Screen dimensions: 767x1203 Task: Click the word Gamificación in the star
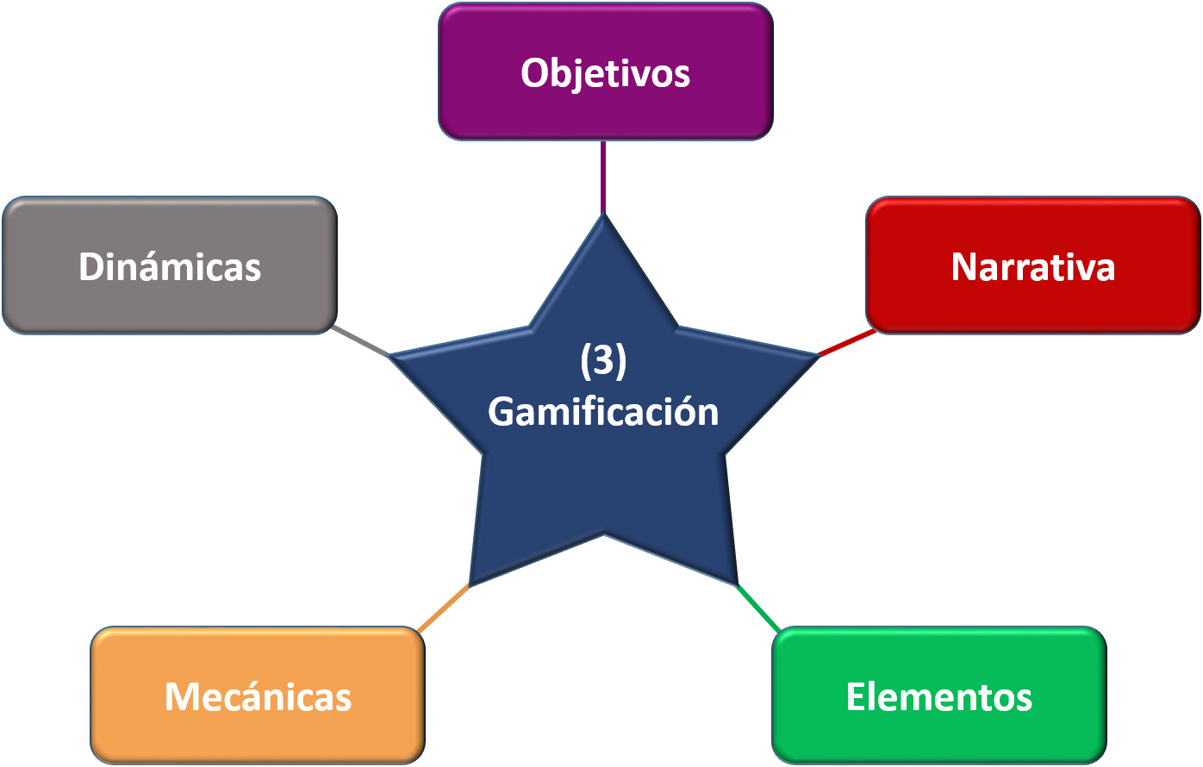(603, 412)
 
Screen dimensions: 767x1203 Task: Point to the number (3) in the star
(603, 362)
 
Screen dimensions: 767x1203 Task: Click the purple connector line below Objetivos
(603, 177)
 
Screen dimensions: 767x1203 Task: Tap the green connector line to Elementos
(758, 608)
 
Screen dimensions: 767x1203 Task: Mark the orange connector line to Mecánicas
(443, 608)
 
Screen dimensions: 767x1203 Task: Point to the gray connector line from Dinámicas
(362, 341)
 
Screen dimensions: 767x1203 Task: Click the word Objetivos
(605, 73)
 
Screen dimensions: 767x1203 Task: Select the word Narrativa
(1032, 267)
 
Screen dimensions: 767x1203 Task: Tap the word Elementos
(938, 696)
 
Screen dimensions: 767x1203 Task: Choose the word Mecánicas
(258, 696)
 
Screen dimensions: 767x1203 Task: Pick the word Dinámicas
(170, 267)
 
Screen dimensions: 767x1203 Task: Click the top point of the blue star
(603, 221)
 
